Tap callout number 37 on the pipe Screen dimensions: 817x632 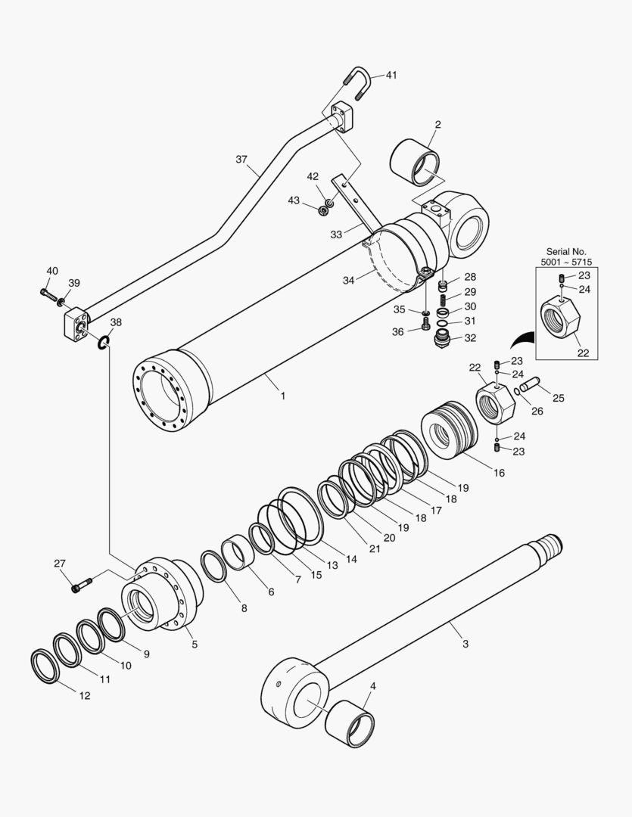pyautogui.click(x=241, y=160)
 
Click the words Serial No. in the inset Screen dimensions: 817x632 pyautogui.click(x=566, y=251)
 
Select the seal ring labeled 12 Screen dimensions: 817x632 pyautogui.click(x=45, y=666)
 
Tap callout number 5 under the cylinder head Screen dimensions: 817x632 pyautogui.click(x=194, y=644)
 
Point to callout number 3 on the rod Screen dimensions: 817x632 pyautogui.click(x=465, y=644)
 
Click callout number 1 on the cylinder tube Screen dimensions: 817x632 pyautogui.click(x=282, y=394)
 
